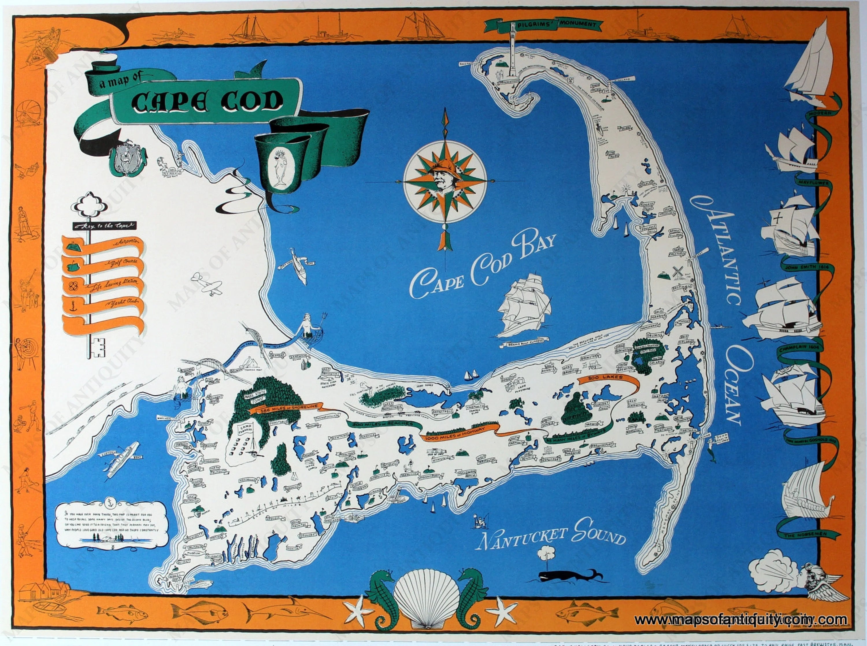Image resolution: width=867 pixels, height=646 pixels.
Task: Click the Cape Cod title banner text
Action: (208, 102)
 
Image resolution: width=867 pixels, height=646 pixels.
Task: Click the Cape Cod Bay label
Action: (483, 266)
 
